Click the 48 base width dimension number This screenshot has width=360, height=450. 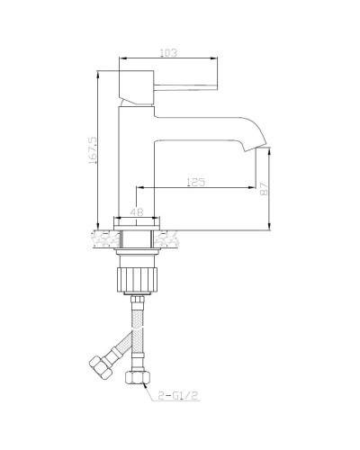coord(138,212)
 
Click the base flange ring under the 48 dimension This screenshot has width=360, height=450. coord(138,223)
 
